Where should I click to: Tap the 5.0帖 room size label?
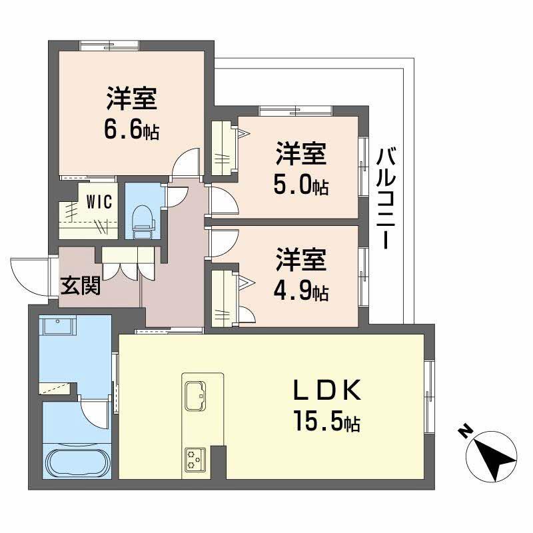[x=301, y=185]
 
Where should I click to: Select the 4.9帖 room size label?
[x=301, y=291]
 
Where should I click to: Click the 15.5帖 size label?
[x=326, y=422]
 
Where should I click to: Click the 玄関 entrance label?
[x=81, y=286]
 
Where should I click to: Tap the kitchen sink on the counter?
[x=196, y=394]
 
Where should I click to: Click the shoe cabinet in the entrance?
[x=129, y=265]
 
